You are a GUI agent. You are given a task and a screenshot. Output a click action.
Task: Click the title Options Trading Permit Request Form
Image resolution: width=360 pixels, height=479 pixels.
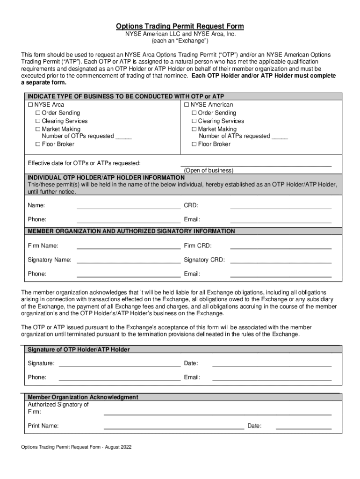coord(180,26)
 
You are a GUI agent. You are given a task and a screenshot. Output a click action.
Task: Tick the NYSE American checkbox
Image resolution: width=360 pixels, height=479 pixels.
coord(187,105)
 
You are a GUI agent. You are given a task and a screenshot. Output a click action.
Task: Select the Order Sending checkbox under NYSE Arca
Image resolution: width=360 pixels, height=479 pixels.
coord(38,113)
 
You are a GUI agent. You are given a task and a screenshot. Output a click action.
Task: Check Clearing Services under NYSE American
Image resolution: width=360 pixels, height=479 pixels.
coord(194,121)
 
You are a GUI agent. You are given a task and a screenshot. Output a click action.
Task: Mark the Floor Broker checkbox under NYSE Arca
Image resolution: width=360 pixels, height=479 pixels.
coord(38,145)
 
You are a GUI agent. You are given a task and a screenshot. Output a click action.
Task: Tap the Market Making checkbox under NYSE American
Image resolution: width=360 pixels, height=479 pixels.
coord(194,129)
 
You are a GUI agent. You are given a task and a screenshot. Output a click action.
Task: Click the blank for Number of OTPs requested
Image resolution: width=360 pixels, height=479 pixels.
coord(123,137)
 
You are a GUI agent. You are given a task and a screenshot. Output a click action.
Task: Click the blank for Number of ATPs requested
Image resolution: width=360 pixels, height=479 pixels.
coord(280,137)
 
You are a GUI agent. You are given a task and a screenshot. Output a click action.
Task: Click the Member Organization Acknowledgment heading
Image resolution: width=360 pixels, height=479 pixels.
coord(83,397)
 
